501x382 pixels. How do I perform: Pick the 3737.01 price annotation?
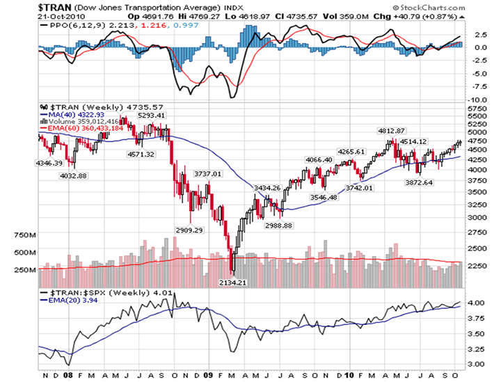207,173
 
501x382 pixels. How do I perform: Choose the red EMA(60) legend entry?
84,128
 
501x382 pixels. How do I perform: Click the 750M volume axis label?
24,236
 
